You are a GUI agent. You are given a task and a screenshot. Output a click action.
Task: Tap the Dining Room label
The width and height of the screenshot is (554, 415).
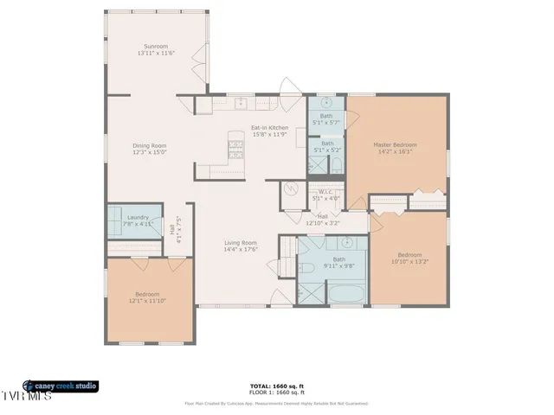click(150, 145)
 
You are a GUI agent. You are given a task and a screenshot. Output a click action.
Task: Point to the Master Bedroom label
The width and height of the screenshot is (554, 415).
click(395, 144)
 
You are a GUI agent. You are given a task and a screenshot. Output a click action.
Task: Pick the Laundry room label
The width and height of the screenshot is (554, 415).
click(138, 217)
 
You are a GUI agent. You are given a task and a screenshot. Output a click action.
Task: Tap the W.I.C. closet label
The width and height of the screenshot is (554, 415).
click(325, 192)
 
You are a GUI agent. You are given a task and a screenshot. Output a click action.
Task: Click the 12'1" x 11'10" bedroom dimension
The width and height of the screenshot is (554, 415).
click(149, 301)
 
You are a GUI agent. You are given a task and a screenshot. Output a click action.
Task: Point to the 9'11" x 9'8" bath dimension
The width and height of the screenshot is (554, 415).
click(339, 265)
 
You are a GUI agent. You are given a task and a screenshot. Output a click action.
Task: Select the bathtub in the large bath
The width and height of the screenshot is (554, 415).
click(346, 294)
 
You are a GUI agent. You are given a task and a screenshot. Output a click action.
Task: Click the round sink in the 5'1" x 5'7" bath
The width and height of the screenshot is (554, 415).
click(327, 102)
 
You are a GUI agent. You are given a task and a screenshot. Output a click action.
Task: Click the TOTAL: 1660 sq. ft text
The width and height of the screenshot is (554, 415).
click(276, 386)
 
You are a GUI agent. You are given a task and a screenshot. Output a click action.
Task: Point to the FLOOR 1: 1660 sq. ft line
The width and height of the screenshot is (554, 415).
click(276, 393)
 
